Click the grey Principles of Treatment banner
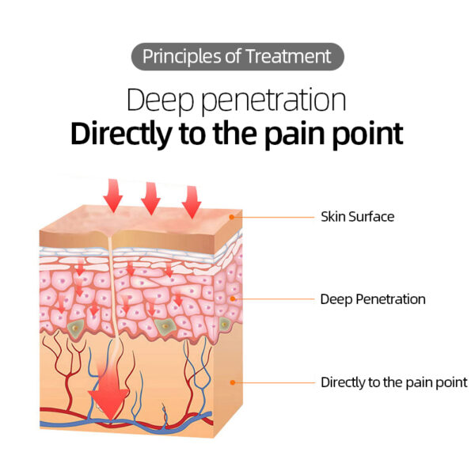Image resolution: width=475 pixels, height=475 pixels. [237, 57]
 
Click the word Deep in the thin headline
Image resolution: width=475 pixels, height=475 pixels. [160, 100]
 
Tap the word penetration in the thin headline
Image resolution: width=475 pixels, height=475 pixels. [273, 100]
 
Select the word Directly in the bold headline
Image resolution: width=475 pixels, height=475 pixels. [121, 134]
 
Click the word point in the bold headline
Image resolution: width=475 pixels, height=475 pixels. [368, 134]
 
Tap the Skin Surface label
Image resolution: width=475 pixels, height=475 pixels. [358, 217]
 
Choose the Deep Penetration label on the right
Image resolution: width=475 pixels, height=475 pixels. [373, 299]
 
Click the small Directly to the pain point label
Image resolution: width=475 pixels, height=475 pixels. [394, 382]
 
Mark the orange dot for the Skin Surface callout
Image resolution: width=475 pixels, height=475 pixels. [232, 217]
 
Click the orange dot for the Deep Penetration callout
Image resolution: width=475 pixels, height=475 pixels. [233, 299]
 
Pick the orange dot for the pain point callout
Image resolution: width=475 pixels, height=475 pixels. [233, 382]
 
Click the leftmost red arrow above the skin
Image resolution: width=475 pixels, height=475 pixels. [113, 196]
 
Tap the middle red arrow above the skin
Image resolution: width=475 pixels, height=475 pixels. [151, 199]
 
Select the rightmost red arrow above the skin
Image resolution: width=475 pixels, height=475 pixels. [192, 202]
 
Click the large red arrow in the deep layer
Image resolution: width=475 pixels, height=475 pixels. [108, 391]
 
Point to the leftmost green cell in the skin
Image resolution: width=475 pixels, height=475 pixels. [75, 328]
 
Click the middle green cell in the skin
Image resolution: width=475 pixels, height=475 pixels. [165, 326]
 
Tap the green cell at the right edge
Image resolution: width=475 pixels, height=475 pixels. [224, 325]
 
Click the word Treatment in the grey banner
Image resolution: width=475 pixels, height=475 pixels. [288, 57]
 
